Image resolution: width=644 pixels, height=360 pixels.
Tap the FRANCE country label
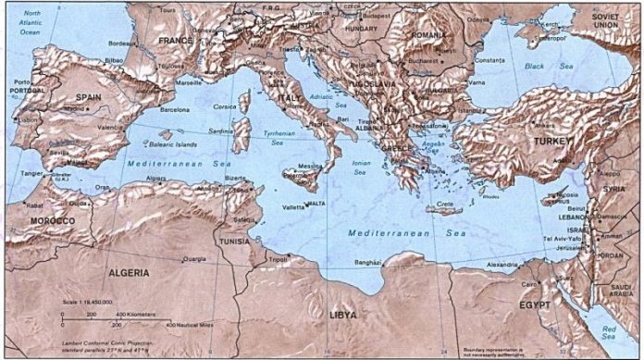tap(177, 42)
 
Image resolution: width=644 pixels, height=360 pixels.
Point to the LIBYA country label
tap(343, 316)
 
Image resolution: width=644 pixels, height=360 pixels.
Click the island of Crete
tap(443, 210)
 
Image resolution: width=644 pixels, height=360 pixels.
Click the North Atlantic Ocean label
tap(26, 25)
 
